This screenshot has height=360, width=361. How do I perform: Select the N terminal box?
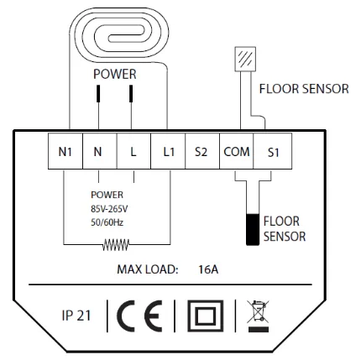point(99,154)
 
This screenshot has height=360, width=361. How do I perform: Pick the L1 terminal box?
point(166,154)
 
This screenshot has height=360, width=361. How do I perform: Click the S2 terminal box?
point(201,154)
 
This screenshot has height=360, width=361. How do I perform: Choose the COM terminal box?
point(234,154)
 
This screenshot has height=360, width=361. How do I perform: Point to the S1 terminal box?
point(270,154)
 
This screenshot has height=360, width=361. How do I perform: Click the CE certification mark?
point(141,321)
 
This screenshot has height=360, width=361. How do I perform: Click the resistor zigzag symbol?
point(116,247)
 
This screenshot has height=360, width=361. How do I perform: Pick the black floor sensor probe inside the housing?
point(252,229)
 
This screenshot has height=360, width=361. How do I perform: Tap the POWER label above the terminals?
point(114,73)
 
